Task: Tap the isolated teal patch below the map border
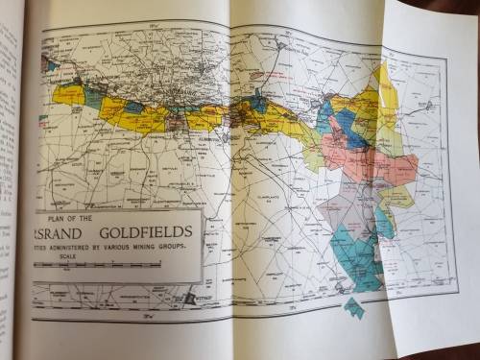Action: (354, 308)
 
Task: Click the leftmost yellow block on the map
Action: (69, 93)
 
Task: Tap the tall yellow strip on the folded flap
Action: (388, 106)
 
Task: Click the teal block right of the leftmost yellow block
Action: (94, 96)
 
